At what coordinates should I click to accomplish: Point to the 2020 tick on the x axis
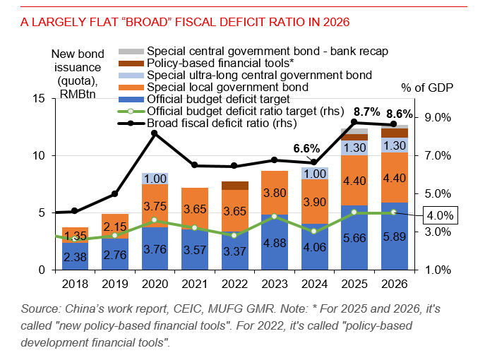coord(155,285)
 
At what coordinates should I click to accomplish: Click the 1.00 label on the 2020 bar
coord(154,179)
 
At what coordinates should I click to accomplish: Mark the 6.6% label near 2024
coord(306,149)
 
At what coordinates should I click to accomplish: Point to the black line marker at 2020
coord(155,133)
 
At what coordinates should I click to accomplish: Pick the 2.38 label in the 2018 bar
coord(74,257)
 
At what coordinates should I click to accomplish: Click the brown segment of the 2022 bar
coord(234,186)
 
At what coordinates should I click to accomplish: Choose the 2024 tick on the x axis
coord(314,285)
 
